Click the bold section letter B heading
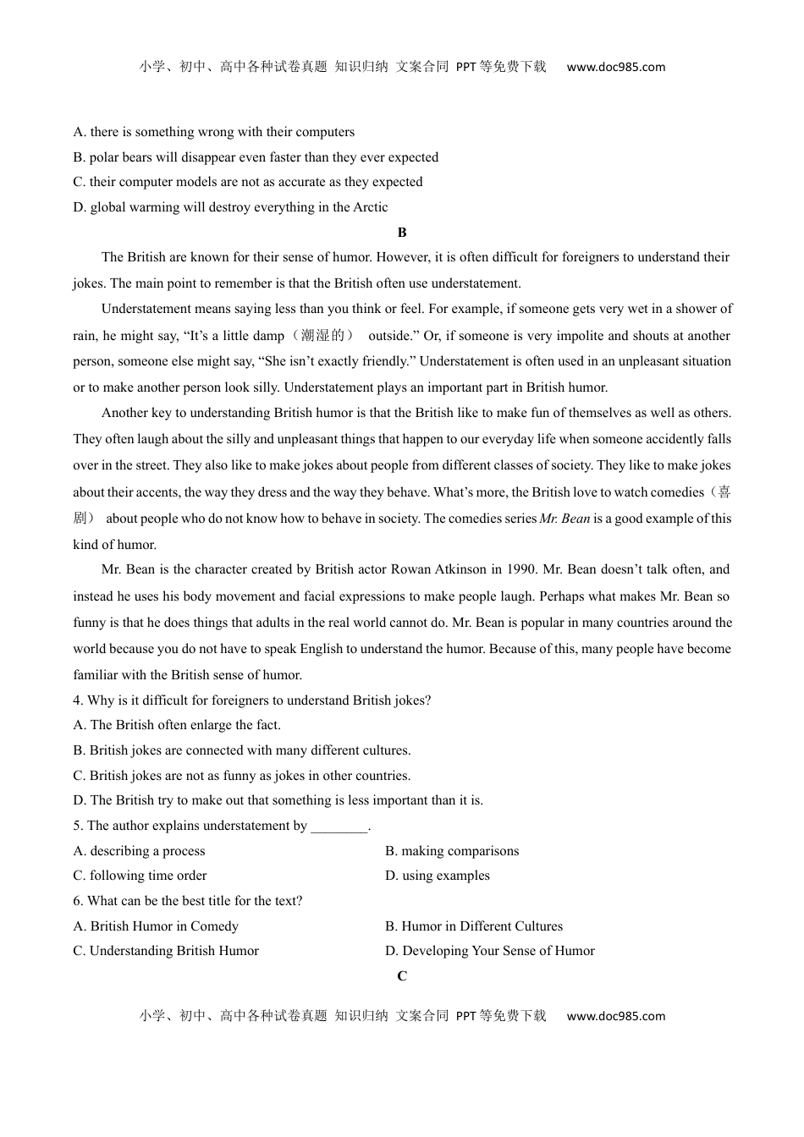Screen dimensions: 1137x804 [x=402, y=233]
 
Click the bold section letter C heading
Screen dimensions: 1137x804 [x=402, y=976]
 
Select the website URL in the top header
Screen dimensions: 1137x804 [x=615, y=67]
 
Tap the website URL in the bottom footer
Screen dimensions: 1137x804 [x=615, y=1016]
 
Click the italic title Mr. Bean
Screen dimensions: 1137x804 [x=564, y=519]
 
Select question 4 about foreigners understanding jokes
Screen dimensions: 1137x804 [x=252, y=700]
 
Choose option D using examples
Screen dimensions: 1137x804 [x=437, y=876]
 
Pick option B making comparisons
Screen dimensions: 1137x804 [x=451, y=851]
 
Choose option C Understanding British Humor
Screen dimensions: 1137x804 [x=166, y=951]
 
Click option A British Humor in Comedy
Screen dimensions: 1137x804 [x=156, y=926]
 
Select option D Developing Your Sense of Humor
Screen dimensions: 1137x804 [x=489, y=951]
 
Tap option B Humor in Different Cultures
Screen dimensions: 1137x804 [x=473, y=926]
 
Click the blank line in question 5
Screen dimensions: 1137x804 [x=339, y=827]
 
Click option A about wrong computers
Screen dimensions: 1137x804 [x=214, y=132]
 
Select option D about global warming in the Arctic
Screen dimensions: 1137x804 [x=230, y=207]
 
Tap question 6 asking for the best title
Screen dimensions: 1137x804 [x=188, y=901]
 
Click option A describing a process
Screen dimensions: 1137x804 [x=139, y=851]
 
